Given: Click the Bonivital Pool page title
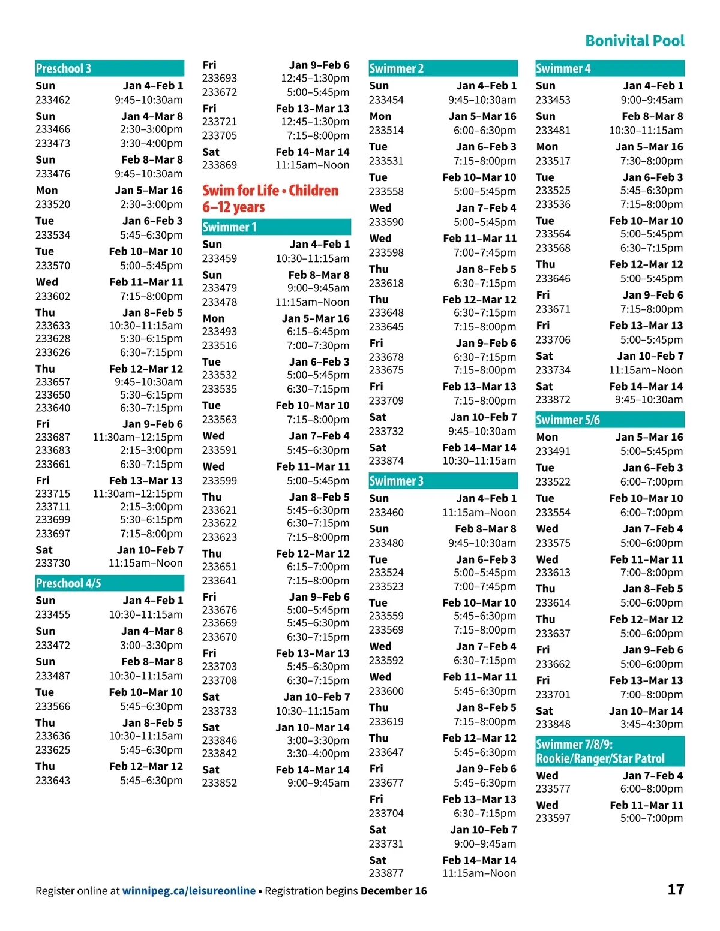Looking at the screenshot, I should click(x=634, y=41).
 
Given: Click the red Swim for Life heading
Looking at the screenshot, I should click(x=271, y=198).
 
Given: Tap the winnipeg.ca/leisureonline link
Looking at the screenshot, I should click(x=188, y=891).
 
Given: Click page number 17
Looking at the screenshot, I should click(x=676, y=890).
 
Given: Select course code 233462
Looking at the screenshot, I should click(x=53, y=100).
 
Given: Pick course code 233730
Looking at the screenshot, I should click(x=53, y=563).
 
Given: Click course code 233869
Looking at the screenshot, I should click(x=220, y=165).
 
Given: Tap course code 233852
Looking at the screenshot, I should click(x=220, y=783).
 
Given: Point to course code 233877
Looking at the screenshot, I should click(x=386, y=873).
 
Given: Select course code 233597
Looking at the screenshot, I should click(x=553, y=818).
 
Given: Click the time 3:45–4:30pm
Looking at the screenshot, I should click(x=652, y=724).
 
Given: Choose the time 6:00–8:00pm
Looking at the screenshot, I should click(x=652, y=789).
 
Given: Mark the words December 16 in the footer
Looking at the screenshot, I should click(x=394, y=891).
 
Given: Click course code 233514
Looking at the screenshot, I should click(x=386, y=131).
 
